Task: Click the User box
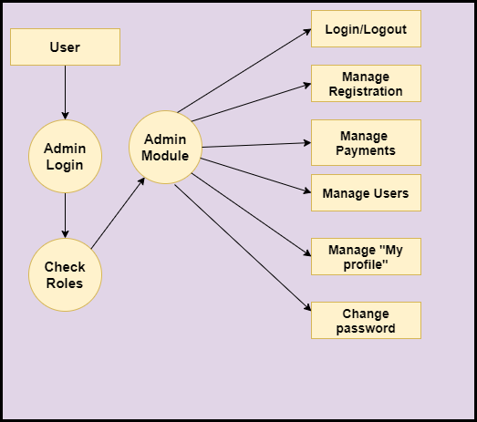[65, 46]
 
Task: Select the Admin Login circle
[65, 156]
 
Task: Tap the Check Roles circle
[65, 274]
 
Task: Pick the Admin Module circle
[165, 147]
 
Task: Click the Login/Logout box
[366, 28]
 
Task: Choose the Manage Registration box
[366, 83]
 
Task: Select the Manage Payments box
[366, 142]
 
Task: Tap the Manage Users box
[366, 192]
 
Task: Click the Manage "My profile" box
[366, 257]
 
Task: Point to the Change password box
[366, 320]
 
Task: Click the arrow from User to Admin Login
[65, 92]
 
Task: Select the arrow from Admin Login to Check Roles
[65, 216]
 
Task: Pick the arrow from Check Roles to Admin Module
[118, 213]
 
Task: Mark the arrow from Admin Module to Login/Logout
[244, 71]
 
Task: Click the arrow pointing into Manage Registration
[252, 102]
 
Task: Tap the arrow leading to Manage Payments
[256, 145]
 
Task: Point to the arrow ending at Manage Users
[256, 175]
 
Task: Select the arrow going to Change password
[243, 248]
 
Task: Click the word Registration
[366, 91]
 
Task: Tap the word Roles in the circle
[65, 283]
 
